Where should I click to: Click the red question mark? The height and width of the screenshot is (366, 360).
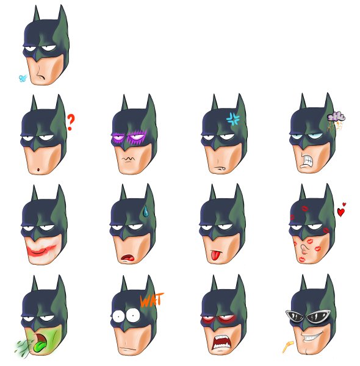[x=71, y=123]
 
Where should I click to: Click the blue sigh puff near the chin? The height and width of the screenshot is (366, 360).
[x=23, y=78]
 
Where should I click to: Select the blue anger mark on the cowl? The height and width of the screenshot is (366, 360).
[x=233, y=118]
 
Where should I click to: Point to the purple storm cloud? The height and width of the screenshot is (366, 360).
[x=336, y=117]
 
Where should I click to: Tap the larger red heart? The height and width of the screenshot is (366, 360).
[x=341, y=212]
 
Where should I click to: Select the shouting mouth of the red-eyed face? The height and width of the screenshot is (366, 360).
[x=219, y=344]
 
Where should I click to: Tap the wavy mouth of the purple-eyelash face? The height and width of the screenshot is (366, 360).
[x=128, y=160]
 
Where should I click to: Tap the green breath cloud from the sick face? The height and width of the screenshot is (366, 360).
[x=21, y=348]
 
